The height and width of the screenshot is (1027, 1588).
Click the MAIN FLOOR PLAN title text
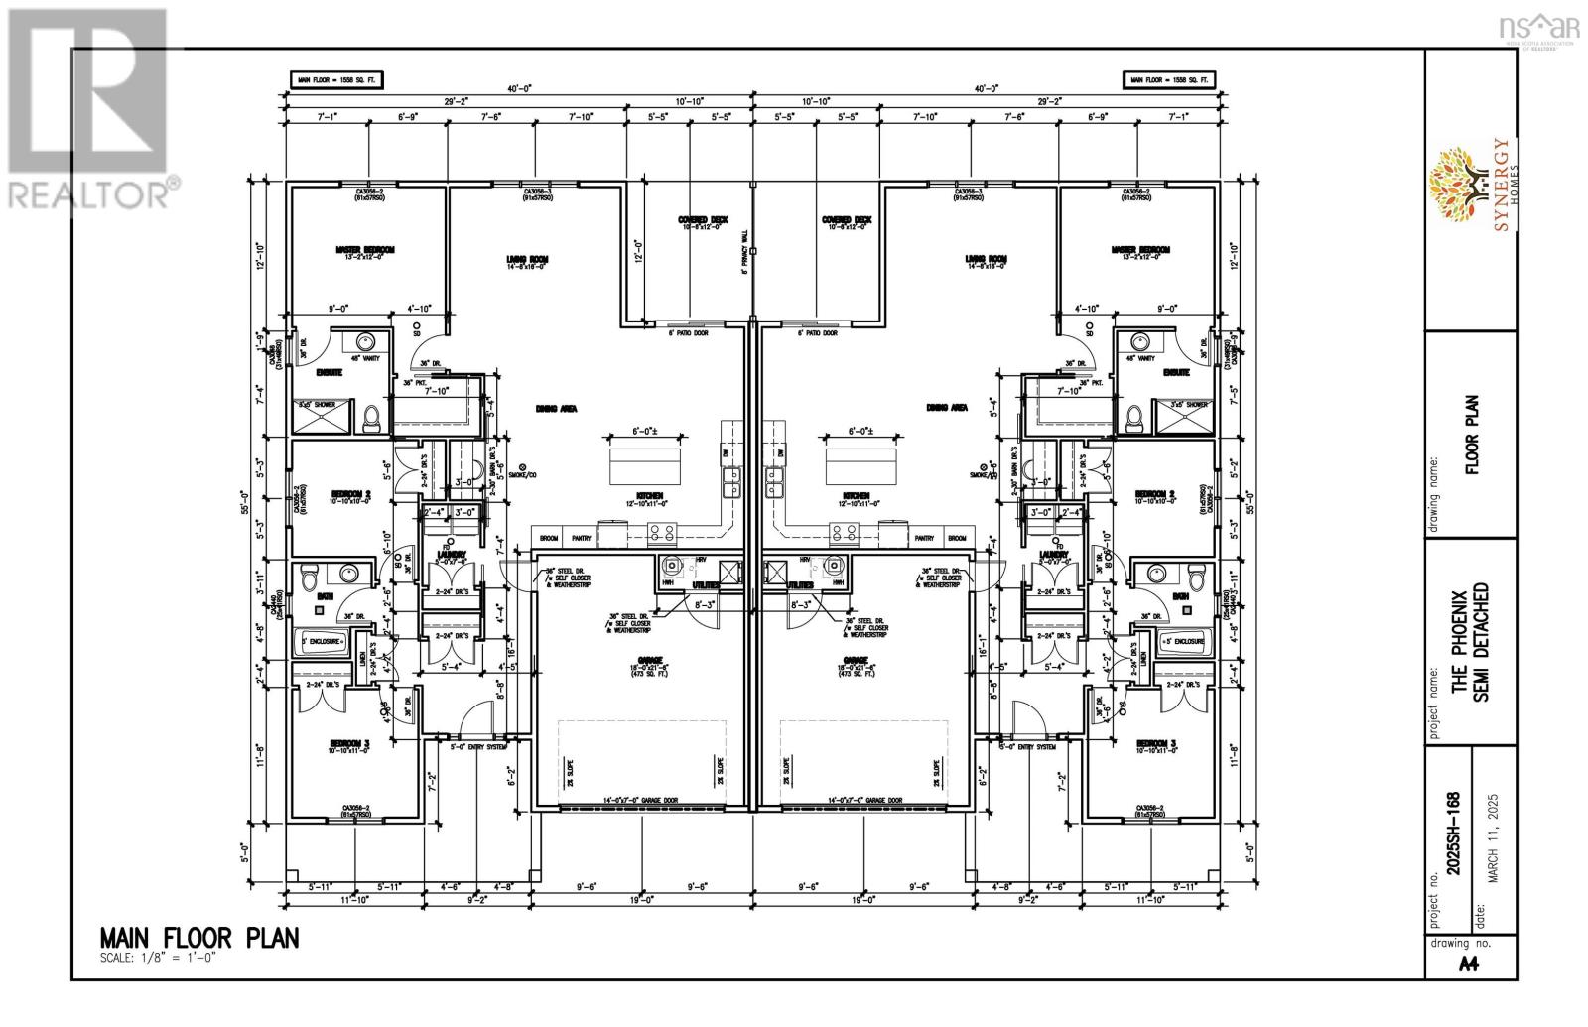click(198, 938)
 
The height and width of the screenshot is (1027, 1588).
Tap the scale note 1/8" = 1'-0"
click(158, 959)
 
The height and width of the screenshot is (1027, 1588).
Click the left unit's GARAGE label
click(633, 661)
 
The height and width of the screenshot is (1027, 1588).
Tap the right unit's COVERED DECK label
click(847, 220)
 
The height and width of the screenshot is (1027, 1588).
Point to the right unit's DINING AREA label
click(947, 408)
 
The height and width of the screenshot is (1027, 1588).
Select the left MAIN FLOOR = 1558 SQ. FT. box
click(336, 79)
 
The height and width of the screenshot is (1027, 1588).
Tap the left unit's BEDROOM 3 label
click(351, 743)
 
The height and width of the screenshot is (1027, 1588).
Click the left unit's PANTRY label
click(583, 538)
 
